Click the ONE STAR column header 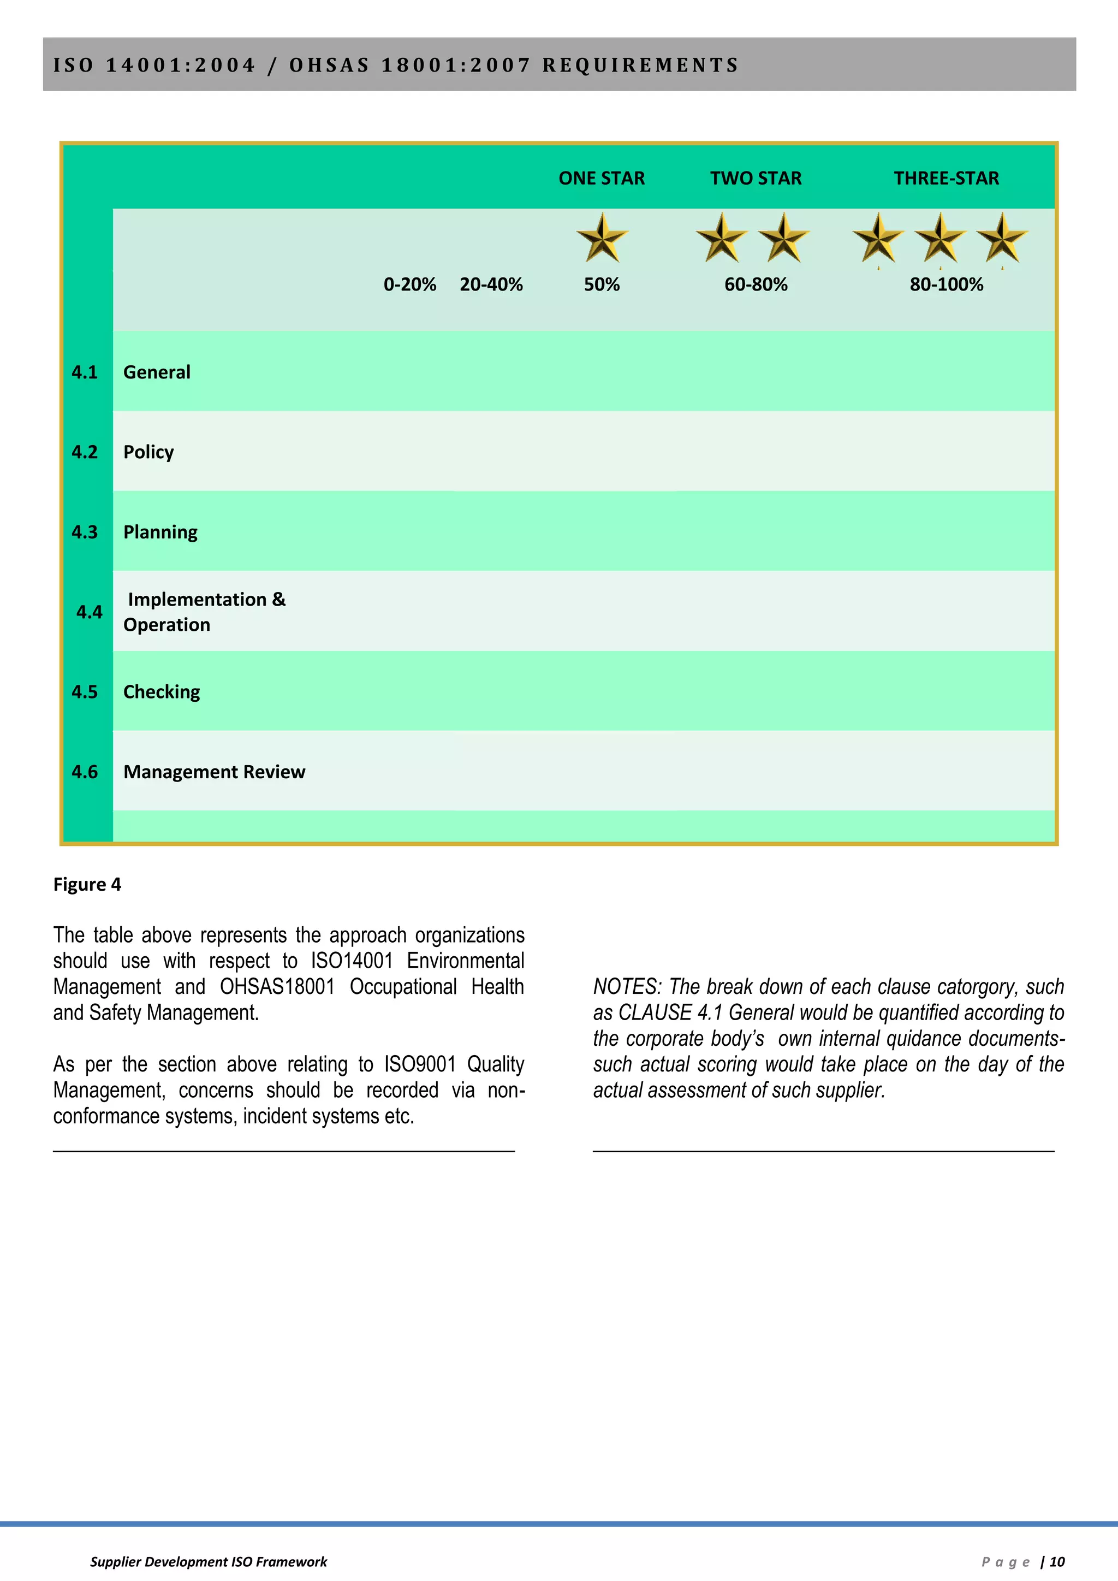pos(601,179)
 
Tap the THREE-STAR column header pos(946,179)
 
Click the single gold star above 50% pos(602,238)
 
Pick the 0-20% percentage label pos(409,285)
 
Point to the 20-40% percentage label pos(491,285)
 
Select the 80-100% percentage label pos(946,285)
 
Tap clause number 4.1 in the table pos(85,372)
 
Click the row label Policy pos(148,452)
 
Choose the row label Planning pos(160,532)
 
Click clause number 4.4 pos(89,612)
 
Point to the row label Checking pos(161,692)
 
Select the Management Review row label pos(213,772)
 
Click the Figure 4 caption pos(87,885)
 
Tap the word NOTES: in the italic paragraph pos(627,987)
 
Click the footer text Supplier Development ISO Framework pos(208,1562)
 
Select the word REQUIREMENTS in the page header pos(640,66)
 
